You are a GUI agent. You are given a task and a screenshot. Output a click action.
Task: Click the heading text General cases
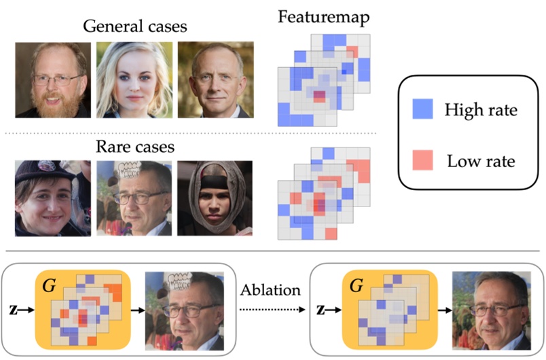click(x=134, y=27)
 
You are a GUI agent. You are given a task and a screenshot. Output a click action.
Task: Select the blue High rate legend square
click(x=422, y=109)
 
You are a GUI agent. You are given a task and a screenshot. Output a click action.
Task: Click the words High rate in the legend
click(x=480, y=109)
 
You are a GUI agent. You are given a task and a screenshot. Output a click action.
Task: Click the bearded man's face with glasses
click(x=53, y=80)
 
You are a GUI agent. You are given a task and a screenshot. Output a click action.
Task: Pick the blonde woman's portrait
click(x=134, y=80)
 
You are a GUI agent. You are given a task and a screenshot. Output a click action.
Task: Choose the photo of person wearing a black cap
click(x=53, y=198)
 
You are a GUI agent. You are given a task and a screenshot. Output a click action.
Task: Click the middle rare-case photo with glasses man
click(x=134, y=198)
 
